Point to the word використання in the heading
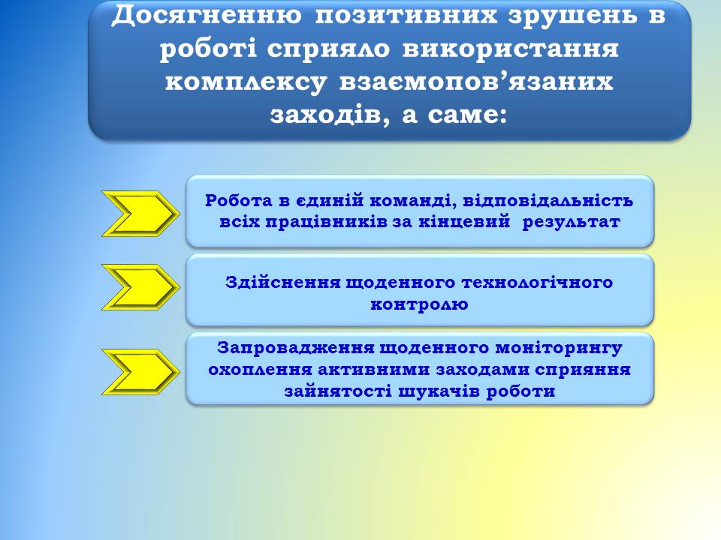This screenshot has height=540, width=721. pos(510,48)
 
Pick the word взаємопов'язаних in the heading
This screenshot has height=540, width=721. pos(476,81)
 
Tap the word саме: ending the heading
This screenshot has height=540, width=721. pos(466,115)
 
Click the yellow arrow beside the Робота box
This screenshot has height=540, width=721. pos(140,214)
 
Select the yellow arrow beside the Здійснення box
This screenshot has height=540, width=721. pos(140,287)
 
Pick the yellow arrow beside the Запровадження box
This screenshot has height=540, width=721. pos(140,371)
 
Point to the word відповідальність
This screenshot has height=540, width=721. pos(548,201)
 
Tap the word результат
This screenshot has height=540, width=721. pos(571,222)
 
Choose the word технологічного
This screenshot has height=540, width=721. pos(537,283)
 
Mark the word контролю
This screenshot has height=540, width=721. pos(419,304)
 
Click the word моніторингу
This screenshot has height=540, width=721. pos(558,349)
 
